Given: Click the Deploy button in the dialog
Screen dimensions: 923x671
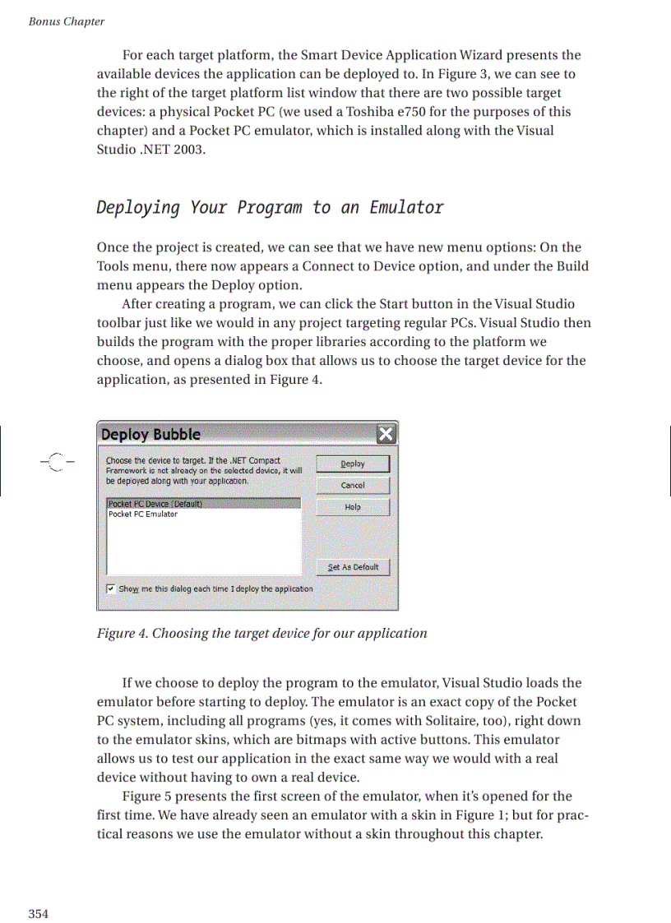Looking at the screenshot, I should [x=353, y=464].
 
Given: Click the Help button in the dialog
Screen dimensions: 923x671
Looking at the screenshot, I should [x=353, y=507].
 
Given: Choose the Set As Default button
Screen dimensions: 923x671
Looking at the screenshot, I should [x=353, y=567].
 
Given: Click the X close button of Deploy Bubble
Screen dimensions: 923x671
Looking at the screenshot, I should [x=386, y=434].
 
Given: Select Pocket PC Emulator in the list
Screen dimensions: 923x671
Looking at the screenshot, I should [x=143, y=515].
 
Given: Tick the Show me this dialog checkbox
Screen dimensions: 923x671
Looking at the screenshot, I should [x=111, y=588].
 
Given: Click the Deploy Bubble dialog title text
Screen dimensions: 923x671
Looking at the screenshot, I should [x=150, y=434].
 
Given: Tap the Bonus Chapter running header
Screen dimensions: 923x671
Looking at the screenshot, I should [x=66, y=21].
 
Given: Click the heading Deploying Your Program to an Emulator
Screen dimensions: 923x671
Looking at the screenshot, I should [x=270, y=207].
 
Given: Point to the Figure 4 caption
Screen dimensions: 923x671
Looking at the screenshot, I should [x=261, y=633].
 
